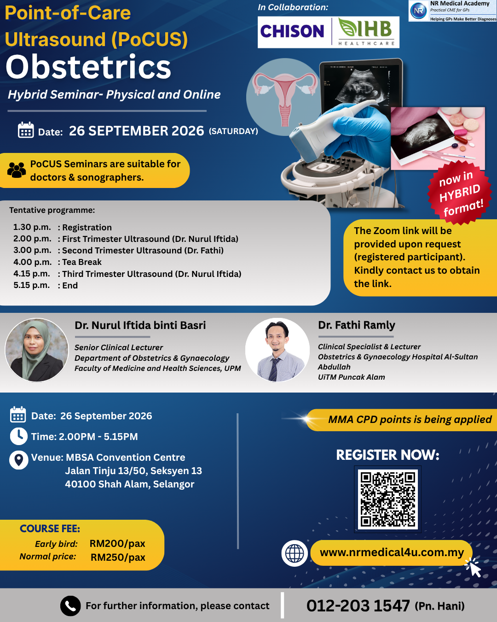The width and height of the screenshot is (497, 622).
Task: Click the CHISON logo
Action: [x=292, y=31]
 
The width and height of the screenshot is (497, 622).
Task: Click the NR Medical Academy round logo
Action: [x=418, y=11]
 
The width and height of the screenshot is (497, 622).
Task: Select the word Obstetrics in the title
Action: [x=88, y=67]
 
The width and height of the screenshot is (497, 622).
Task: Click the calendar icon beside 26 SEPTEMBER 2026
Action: [x=26, y=130]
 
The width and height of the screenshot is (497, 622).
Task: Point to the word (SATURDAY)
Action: [x=233, y=131]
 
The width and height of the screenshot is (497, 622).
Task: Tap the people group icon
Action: [x=17, y=170]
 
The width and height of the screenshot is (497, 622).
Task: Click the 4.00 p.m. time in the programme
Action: [x=32, y=262]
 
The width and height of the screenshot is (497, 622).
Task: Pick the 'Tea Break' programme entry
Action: [x=82, y=262]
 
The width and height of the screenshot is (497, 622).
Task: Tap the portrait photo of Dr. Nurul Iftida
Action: [x=37, y=350]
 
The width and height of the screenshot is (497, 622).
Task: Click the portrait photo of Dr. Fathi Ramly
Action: [x=277, y=350]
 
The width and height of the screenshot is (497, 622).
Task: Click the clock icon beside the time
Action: [x=19, y=436]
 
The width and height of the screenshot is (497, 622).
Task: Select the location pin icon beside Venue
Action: [x=19, y=460]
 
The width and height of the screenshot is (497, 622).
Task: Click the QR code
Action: [x=387, y=499]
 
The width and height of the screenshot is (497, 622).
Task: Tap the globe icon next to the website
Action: [x=295, y=553]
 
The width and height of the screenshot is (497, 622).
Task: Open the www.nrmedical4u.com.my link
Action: [x=392, y=552]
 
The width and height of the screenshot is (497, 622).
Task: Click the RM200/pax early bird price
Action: [x=117, y=544]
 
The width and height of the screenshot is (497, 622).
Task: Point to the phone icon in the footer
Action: [x=70, y=606]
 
